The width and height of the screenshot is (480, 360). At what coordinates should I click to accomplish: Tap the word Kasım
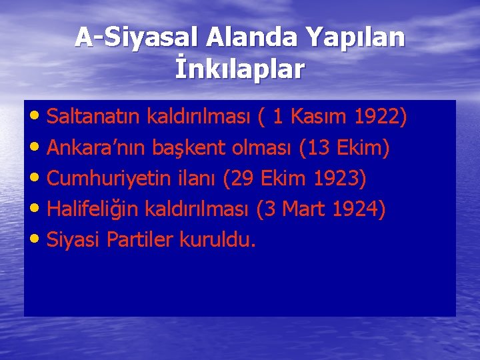coord(319,118)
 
